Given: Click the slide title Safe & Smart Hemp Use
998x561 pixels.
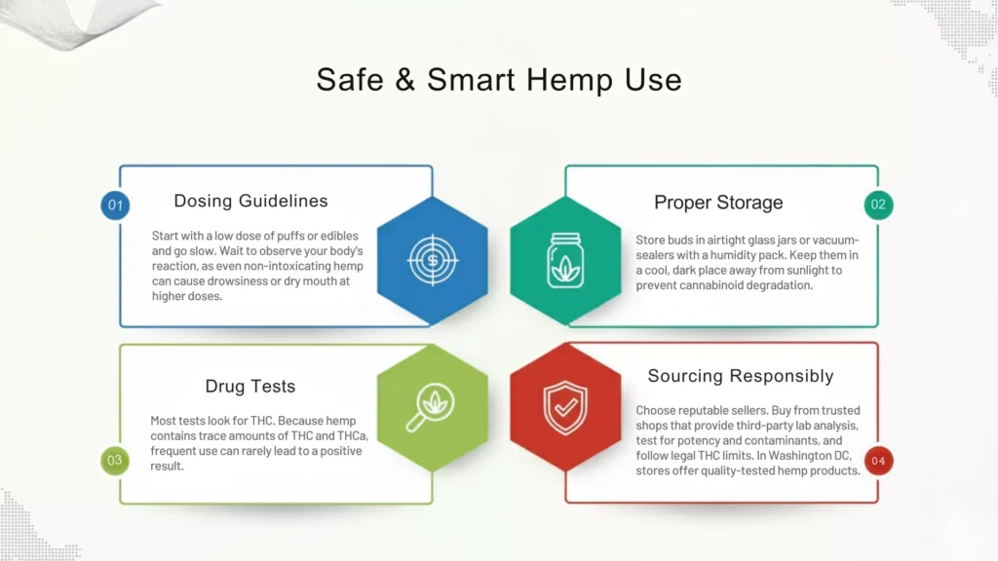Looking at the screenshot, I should point(499,80).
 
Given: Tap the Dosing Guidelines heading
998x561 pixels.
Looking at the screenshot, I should point(250,202).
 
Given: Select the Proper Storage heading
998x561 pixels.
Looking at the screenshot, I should point(718,203).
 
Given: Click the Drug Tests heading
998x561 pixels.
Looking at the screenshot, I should point(250,387).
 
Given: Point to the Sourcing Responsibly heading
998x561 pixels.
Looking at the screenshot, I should point(741,376).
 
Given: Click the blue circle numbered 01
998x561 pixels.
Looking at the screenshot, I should point(116,206).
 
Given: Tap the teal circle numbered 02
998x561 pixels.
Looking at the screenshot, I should point(878,206).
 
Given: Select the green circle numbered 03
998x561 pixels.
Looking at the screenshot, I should point(115,461).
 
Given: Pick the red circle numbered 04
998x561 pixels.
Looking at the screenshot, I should point(878,461).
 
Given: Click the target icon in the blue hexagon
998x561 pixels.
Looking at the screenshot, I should point(432,260).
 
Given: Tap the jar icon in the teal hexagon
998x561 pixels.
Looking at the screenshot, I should point(565,260).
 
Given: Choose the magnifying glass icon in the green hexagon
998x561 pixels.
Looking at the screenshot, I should point(432,406).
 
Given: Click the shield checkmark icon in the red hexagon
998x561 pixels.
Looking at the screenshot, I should point(565,406).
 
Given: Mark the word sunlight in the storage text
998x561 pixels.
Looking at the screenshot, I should point(812,271).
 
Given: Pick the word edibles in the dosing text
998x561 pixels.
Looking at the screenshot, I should point(334,236).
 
